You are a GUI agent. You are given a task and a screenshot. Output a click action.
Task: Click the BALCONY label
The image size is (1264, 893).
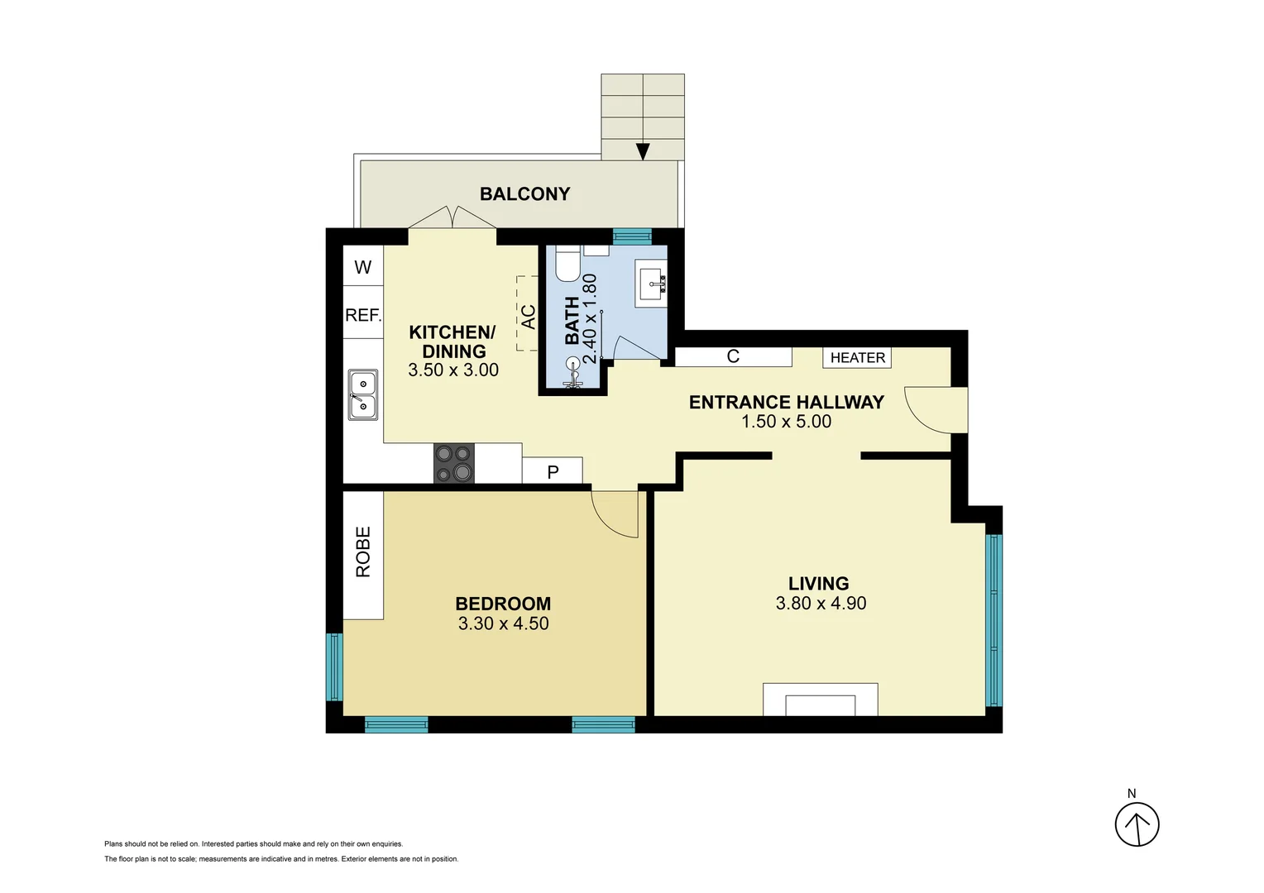[x=524, y=194]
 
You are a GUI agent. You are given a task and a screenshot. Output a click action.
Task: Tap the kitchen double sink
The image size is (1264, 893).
[x=362, y=395]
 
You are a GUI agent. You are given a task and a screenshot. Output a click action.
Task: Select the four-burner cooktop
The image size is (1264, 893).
[x=454, y=463]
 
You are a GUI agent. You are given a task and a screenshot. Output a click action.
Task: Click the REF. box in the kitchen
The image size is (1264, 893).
[x=363, y=315]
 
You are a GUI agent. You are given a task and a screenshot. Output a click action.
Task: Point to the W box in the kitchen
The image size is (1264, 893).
[x=363, y=266]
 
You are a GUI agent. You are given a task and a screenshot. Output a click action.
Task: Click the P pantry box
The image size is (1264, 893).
[x=553, y=471]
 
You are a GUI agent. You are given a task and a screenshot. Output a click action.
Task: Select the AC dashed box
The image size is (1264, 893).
[x=528, y=315]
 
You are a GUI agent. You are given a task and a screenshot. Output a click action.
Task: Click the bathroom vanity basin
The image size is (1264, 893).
[x=654, y=284]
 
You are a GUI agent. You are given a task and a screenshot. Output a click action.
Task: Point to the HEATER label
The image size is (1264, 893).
[x=857, y=357]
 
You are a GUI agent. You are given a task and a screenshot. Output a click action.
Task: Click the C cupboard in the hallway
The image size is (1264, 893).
[x=733, y=356]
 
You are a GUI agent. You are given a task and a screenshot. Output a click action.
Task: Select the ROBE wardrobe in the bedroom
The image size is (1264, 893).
[x=363, y=553]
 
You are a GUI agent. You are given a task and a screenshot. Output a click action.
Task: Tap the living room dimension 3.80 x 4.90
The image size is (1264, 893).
[x=821, y=604]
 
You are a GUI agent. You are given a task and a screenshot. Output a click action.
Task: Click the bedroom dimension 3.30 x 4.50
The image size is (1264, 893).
[x=503, y=624]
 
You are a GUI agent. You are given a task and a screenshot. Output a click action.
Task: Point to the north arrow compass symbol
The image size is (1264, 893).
[x=1137, y=824]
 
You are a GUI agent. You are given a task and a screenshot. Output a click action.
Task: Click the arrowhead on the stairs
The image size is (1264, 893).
[x=643, y=152]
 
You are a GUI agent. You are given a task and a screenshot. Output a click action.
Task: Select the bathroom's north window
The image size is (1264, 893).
[x=632, y=237]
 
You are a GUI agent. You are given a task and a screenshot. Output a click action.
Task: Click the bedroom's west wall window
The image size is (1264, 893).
[x=334, y=666]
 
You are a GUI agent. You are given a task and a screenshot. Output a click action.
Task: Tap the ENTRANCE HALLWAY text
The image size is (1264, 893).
[x=786, y=403]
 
